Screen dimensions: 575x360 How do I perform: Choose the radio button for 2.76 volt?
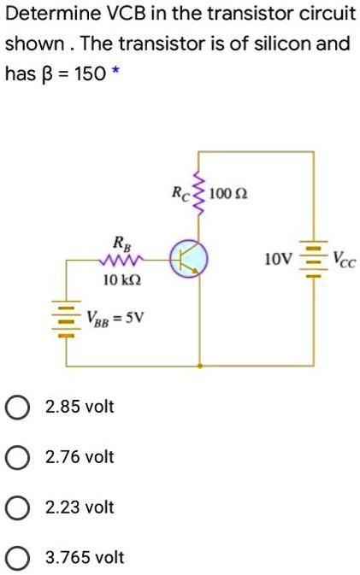(x=17, y=456)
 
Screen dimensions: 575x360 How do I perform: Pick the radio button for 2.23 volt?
(x=17, y=508)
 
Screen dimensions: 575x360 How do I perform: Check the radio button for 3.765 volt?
(x=17, y=559)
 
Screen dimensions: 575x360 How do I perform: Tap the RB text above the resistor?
(x=113, y=240)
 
